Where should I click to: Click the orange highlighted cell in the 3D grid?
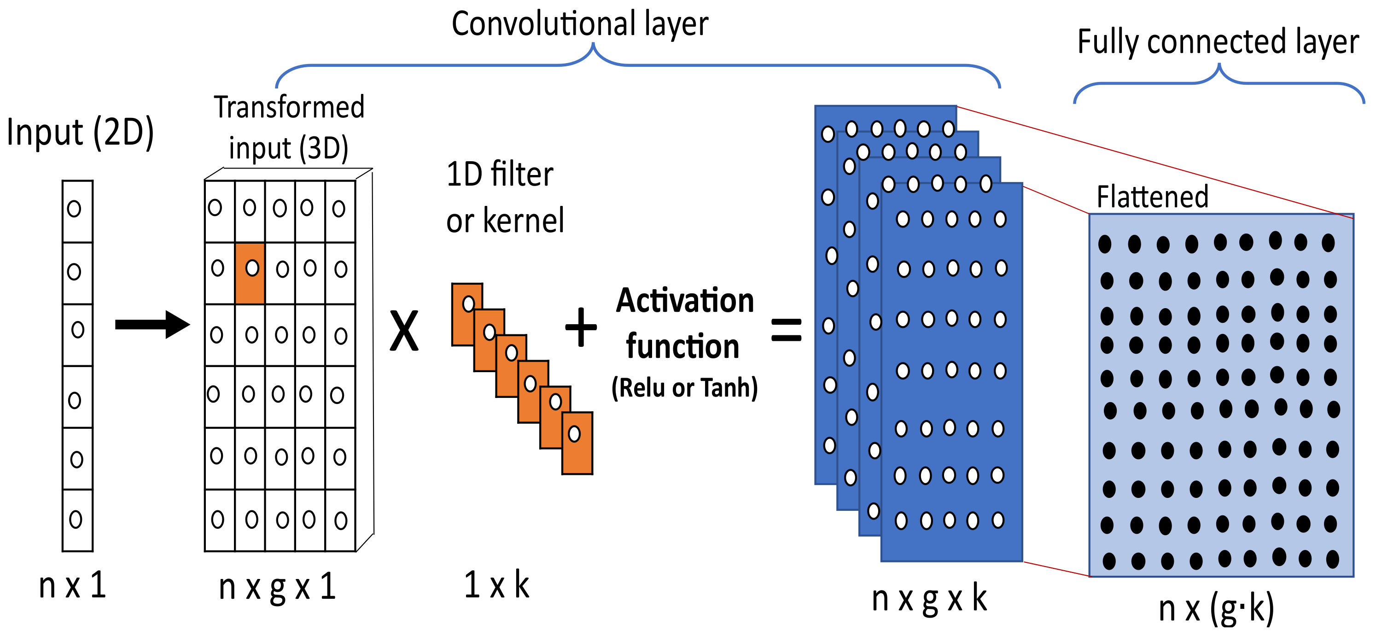coord(250,273)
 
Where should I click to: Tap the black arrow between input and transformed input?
coord(152,324)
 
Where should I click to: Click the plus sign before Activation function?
coord(581,327)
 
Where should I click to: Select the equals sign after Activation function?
coord(786,330)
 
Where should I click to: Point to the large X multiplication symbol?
coord(404,331)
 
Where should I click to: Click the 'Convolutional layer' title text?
coord(580,24)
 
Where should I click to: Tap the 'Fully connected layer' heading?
coord(1218,41)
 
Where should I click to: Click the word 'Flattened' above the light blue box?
coord(1152,197)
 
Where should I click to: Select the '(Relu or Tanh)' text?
coord(684,387)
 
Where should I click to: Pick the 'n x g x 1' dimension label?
coord(277,587)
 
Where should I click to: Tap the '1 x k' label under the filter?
coord(496,584)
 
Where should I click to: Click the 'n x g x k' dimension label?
coord(929,598)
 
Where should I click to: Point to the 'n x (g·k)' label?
coord(1216,608)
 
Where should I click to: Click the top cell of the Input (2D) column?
coord(77,211)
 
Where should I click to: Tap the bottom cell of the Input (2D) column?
coord(77,520)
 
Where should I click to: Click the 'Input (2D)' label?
coord(80,132)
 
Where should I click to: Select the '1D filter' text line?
coord(500,174)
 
